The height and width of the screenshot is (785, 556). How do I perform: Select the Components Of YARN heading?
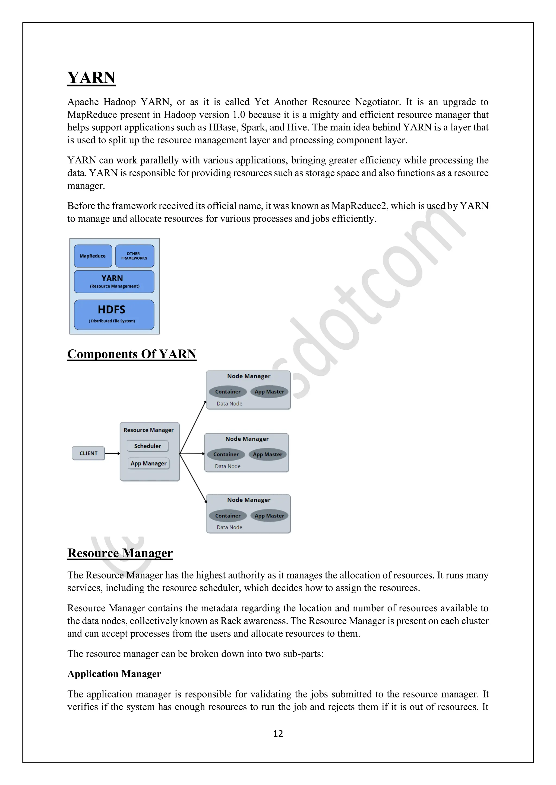132,354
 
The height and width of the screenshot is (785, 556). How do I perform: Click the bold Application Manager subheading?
114,674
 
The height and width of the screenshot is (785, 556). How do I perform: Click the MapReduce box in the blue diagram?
93,256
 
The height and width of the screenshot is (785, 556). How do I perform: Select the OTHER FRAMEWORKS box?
135,256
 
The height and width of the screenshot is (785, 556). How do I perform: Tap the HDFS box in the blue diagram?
114,314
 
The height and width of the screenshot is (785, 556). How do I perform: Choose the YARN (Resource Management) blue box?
114,282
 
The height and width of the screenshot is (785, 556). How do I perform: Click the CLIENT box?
88,453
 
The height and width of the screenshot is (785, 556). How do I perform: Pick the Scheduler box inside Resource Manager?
148,446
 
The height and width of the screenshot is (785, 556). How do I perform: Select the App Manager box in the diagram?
149,464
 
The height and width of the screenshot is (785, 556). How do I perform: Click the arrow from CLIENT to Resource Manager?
112,453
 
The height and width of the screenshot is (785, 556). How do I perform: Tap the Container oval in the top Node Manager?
228,392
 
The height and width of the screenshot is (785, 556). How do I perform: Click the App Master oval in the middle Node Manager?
268,454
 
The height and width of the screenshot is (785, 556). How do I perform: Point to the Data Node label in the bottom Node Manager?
229,527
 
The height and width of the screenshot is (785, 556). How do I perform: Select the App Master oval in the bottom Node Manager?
269,516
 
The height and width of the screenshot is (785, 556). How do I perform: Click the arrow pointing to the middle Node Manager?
192,454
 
